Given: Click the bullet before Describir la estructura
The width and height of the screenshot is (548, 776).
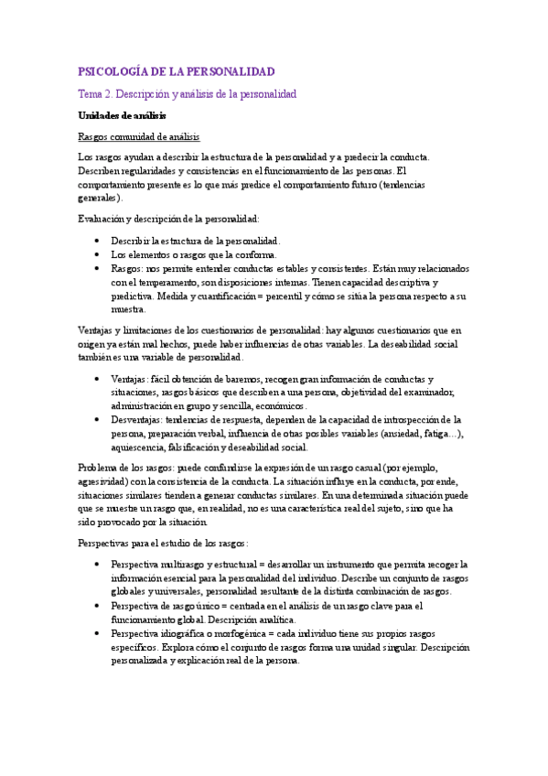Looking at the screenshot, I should [97, 241].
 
